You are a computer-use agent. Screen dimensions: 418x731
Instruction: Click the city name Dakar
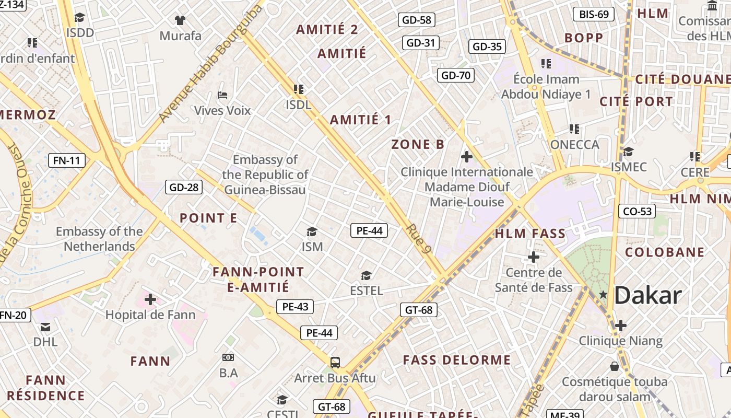(647, 296)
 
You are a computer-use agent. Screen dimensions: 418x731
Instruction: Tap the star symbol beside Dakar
(604, 295)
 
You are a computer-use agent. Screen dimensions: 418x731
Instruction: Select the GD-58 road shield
(417, 20)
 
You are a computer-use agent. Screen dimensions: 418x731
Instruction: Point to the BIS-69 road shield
(594, 14)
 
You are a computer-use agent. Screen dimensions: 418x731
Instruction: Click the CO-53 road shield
(637, 211)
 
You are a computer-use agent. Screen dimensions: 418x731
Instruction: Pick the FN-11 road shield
(67, 160)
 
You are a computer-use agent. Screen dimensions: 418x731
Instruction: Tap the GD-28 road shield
(184, 187)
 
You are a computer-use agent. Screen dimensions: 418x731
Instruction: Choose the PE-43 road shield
(295, 307)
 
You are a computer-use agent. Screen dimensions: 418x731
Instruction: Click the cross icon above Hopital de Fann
(150, 299)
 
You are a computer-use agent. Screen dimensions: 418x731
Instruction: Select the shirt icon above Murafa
(180, 20)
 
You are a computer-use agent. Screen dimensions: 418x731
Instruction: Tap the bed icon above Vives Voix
(222, 95)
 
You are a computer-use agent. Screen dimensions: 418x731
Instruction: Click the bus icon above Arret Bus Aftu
(335, 362)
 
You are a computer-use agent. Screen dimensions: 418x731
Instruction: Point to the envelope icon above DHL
(45, 327)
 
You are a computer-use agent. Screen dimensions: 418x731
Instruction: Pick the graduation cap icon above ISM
(312, 231)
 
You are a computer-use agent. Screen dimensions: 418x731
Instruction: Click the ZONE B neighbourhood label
(418, 145)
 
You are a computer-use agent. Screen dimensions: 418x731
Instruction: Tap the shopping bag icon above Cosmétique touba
(615, 366)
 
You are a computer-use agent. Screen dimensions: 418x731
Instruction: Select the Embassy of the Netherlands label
(99, 239)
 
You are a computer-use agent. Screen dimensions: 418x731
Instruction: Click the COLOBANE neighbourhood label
(665, 252)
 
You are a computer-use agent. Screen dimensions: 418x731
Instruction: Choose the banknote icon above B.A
(228, 357)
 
